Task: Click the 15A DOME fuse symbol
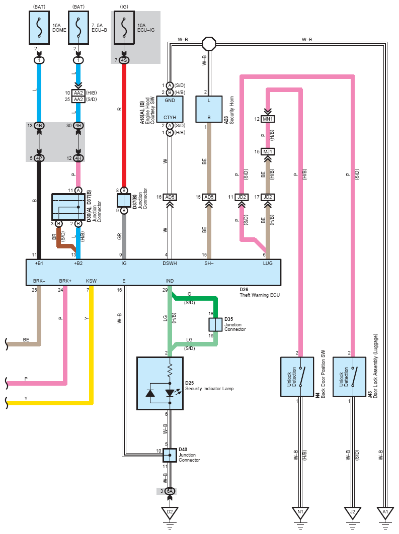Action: click(x=39, y=28)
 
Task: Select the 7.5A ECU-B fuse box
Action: click(x=78, y=28)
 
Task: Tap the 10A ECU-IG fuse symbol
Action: click(x=124, y=28)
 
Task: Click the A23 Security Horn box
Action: click(x=209, y=109)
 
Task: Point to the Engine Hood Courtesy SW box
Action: click(x=170, y=109)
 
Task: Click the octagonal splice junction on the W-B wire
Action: click(x=209, y=44)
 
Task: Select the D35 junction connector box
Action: click(x=215, y=325)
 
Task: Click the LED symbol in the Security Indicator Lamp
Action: click(x=170, y=393)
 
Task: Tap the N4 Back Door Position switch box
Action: click(x=297, y=377)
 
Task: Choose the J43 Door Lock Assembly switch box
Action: click(x=349, y=377)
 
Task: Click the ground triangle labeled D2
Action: click(x=170, y=513)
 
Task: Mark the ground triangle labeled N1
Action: click(x=300, y=513)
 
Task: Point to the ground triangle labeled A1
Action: click(x=385, y=513)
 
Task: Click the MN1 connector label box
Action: click(x=268, y=119)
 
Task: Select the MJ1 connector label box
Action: click(x=268, y=151)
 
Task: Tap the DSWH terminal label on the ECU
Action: click(x=170, y=263)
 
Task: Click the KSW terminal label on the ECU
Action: click(x=91, y=281)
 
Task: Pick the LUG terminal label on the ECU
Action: click(x=268, y=263)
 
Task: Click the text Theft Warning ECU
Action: click(x=260, y=295)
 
